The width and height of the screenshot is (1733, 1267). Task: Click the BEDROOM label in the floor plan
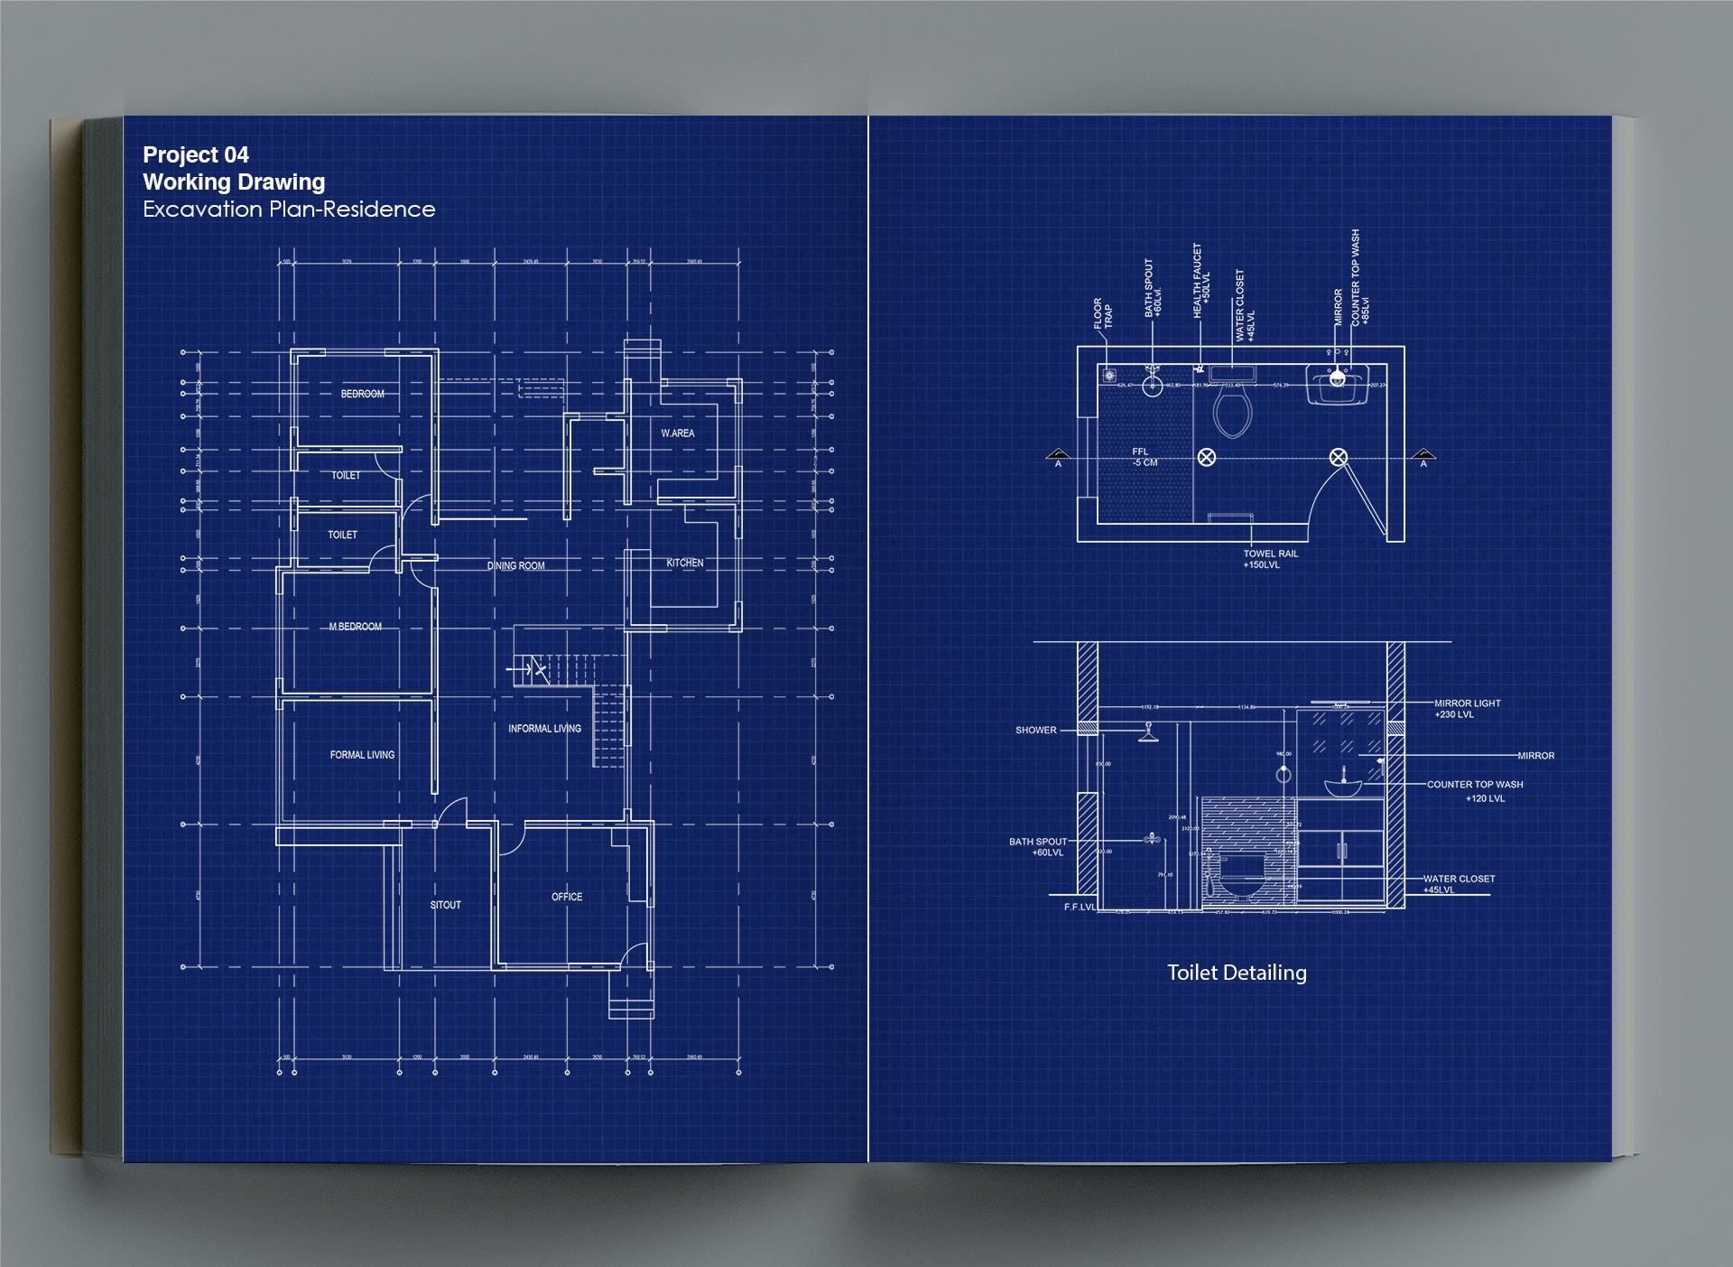[362, 394]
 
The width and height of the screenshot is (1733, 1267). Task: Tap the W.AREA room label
[677, 433]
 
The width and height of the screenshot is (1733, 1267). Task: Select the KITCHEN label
[684, 563]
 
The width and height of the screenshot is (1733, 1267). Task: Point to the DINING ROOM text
[515, 566]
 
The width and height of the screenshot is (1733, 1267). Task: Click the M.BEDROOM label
[355, 627]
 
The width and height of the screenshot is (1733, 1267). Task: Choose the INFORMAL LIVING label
[544, 729]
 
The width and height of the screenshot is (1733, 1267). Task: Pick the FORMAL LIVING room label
[362, 755]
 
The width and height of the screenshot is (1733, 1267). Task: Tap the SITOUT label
[445, 905]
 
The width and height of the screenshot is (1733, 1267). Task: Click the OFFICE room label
[567, 897]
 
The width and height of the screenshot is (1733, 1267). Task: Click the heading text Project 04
[196, 155]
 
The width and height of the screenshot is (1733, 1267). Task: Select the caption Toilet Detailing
[1237, 973]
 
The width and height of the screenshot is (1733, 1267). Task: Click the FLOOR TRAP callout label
[1103, 313]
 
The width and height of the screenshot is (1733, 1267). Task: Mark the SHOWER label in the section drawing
[1035, 731]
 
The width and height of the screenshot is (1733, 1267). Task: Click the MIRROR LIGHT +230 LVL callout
[1467, 709]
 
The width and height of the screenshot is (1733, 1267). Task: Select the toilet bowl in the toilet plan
[1232, 411]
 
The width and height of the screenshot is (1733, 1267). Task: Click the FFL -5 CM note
[1145, 457]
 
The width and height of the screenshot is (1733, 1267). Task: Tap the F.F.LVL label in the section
[1080, 907]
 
